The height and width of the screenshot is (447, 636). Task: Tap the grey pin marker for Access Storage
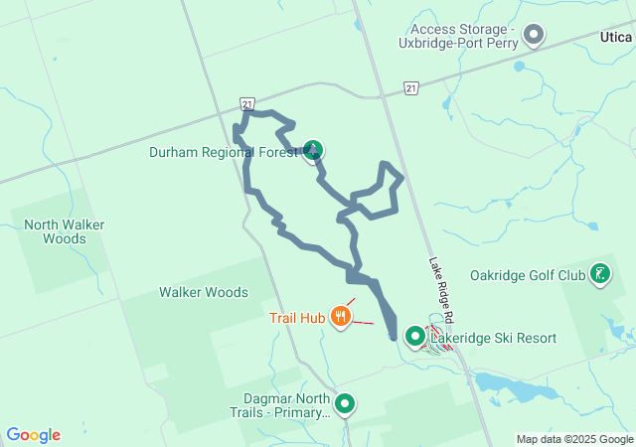(534, 36)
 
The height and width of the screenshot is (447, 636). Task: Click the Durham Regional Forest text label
(223, 152)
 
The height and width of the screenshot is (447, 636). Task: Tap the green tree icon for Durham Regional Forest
(313, 151)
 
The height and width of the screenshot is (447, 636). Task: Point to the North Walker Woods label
(65, 231)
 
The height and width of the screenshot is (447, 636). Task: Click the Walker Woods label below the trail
(204, 292)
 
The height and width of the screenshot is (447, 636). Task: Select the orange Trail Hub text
(297, 318)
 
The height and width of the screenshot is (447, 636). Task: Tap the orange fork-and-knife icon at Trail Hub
(342, 317)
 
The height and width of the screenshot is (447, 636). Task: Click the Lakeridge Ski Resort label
(493, 339)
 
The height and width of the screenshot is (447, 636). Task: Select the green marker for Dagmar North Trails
(345, 403)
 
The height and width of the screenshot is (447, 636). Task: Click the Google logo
(33, 435)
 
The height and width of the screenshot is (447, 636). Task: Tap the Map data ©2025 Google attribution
(574, 439)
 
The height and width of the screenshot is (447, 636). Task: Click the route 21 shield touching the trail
(246, 103)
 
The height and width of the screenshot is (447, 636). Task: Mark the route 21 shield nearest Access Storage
(410, 89)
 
